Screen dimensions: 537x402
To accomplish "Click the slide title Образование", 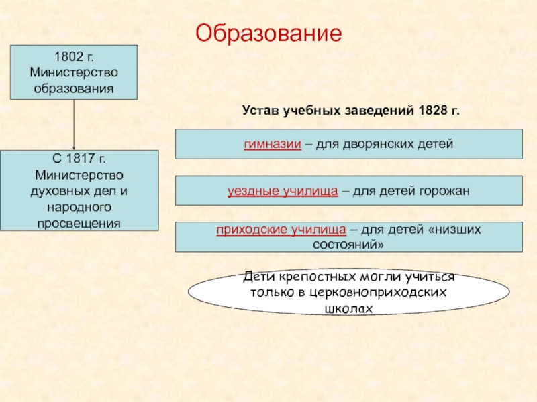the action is click(x=268, y=31).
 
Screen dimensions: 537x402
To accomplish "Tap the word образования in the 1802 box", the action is click(x=74, y=88).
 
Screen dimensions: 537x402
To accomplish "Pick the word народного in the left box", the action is click(x=79, y=207).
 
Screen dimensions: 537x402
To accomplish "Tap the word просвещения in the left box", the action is click(x=79, y=222).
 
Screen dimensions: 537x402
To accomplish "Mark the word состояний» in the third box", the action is click(x=348, y=245).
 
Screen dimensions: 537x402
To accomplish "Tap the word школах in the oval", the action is click(x=348, y=308).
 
